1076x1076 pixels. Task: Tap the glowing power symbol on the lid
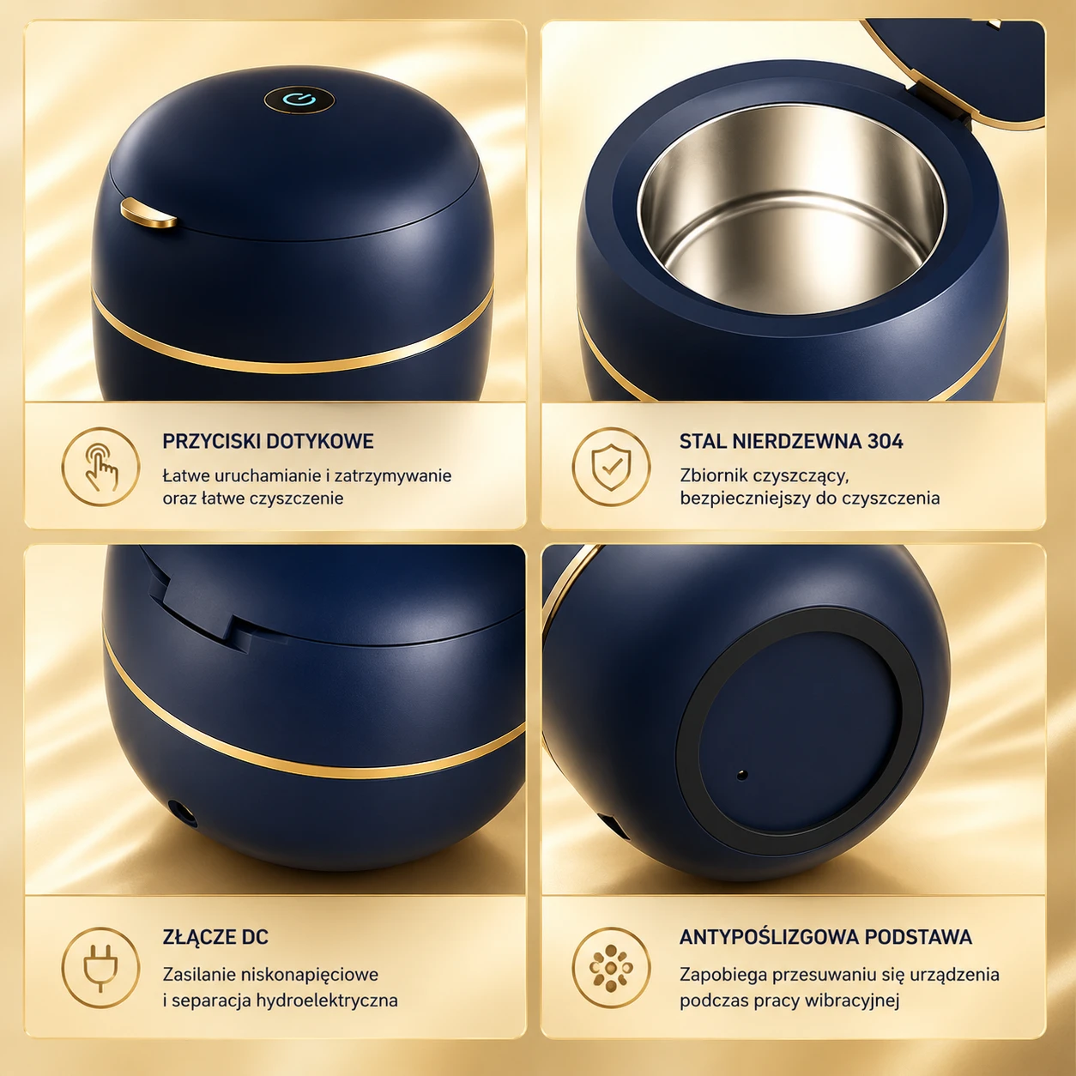pyautogui.click(x=299, y=100)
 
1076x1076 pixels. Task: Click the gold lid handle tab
pyautogui.click(x=148, y=214)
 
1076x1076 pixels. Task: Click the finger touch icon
pyautogui.click(x=100, y=467)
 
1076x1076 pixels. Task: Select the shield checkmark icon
pyautogui.click(x=612, y=467)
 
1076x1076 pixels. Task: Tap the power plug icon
pyautogui.click(x=100, y=968)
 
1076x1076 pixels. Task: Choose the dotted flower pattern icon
pyautogui.click(x=612, y=966)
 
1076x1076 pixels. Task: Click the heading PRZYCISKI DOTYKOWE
pyautogui.click(x=268, y=441)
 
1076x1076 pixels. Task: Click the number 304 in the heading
pyautogui.click(x=885, y=441)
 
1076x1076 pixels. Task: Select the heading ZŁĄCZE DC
pyautogui.click(x=215, y=936)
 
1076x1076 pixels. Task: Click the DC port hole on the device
pyautogui.click(x=182, y=813)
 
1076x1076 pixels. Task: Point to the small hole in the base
pyautogui.click(x=742, y=775)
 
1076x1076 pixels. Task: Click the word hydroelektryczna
pyautogui.click(x=327, y=1000)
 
